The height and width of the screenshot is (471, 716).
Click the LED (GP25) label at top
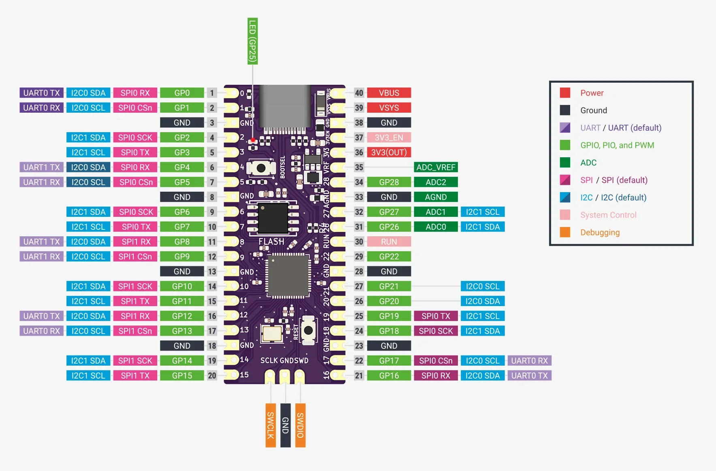click(x=252, y=41)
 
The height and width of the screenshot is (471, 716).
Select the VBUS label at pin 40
click(x=389, y=93)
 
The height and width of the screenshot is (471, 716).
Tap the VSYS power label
click(x=389, y=108)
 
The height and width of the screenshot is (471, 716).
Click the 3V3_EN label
click(x=389, y=138)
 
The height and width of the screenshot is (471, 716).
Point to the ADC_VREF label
click(x=436, y=167)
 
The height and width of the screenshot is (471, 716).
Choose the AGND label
click(x=436, y=197)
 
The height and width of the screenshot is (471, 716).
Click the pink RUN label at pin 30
click(x=389, y=242)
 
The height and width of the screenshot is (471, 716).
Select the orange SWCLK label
click(x=270, y=425)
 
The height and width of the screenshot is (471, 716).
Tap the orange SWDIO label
click(x=300, y=425)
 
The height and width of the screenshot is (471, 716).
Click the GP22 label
click(x=389, y=257)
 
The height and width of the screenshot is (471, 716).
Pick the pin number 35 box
click(x=359, y=167)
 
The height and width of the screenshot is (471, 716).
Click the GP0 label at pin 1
click(x=182, y=93)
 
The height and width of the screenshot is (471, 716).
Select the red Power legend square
click(x=565, y=93)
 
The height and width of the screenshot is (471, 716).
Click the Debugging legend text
click(x=600, y=232)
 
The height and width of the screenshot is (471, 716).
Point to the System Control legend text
click(x=608, y=215)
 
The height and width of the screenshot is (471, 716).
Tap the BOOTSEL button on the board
click(x=261, y=168)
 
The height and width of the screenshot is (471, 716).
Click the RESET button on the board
click(x=308, y=330)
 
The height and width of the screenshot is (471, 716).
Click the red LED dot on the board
click(x=253, y=140)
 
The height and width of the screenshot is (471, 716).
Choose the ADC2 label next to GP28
click(x=436, y=182)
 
